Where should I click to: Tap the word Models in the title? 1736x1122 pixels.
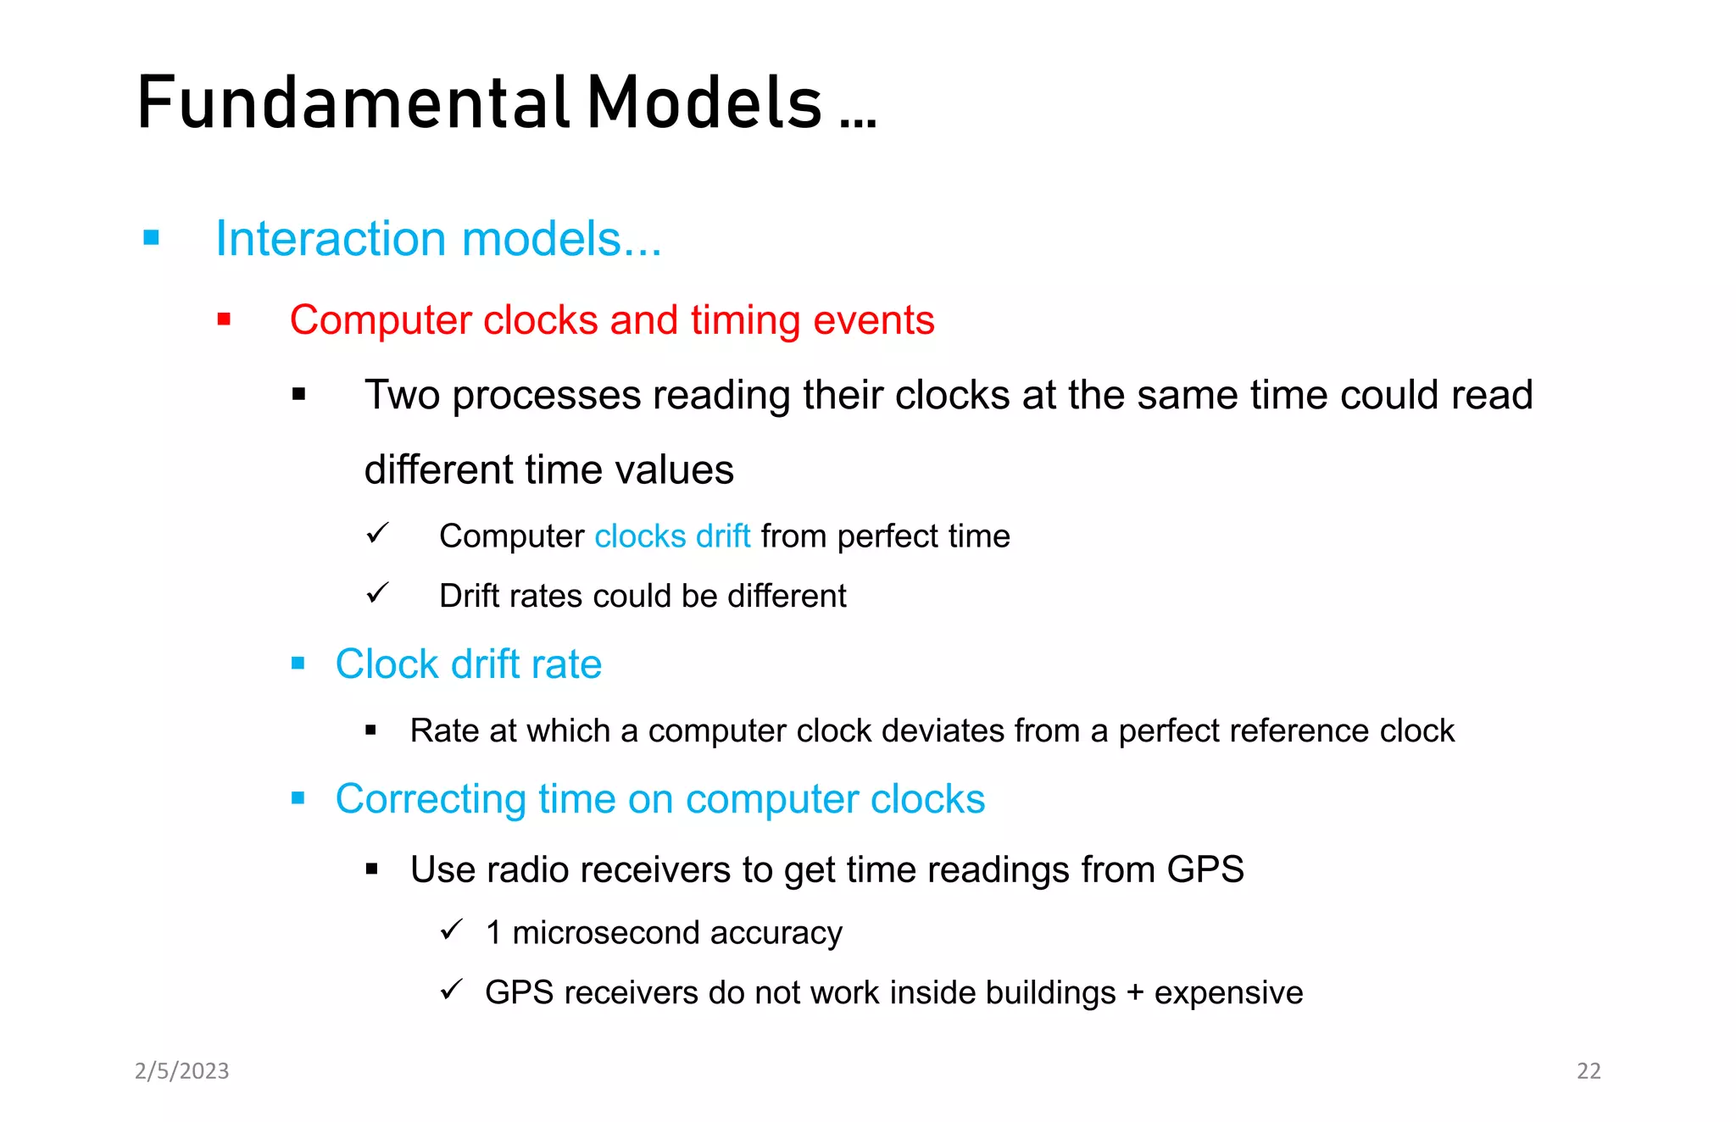(x=704, y=103)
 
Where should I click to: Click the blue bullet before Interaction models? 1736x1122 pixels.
(x=152, y=238)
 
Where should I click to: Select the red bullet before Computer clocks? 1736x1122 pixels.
(x=224, y=319)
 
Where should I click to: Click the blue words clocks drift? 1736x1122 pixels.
(x=672, y=536)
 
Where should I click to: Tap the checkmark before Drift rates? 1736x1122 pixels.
(x=377, y=592)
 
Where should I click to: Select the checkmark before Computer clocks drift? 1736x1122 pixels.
(x=377, y=533)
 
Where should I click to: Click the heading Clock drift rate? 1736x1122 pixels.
(x=468, y=664)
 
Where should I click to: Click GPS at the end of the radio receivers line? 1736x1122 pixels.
(x=1205, y=870)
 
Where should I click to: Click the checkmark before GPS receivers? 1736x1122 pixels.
(x=452, y=989)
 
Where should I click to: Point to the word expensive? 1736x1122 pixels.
(x=1228, y=993)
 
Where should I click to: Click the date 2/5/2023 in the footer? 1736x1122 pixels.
(x=182, y=1071)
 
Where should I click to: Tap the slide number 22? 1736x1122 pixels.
(x=1588, y=1071)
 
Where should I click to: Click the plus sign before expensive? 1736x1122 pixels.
(x=1135, y=993)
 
